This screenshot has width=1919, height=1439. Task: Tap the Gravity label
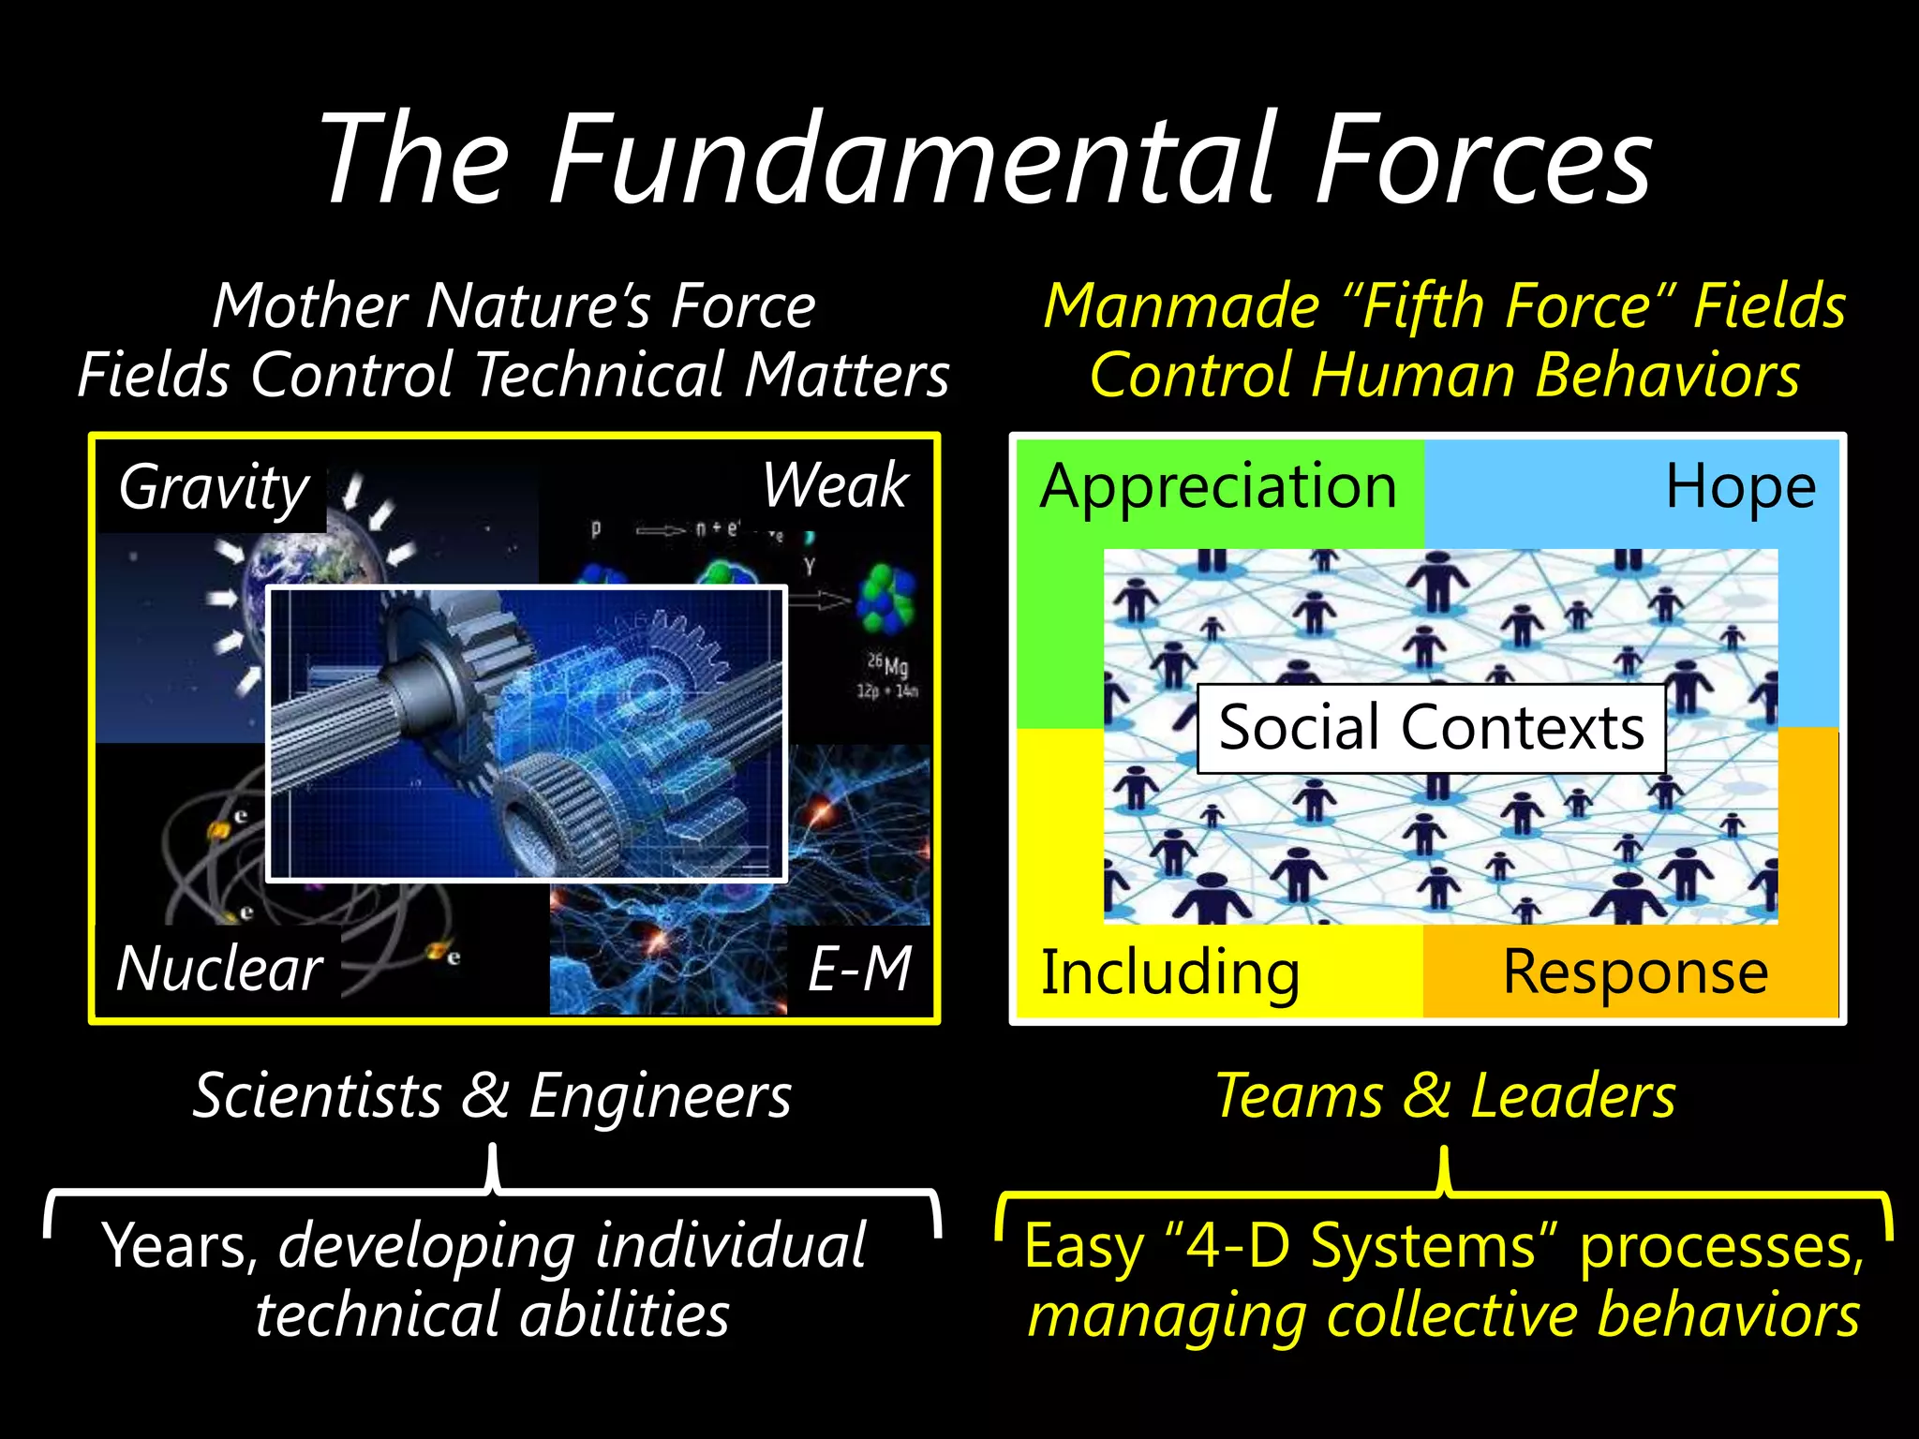(214, 487)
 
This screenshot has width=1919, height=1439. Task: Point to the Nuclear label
(219, 969)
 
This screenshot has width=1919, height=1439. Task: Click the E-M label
(859, 969)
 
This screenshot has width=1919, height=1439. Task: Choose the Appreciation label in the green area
(1218, 487)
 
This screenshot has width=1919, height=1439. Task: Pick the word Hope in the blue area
(1740, 487)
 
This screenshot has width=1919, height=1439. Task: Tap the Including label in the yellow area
(1170, 972)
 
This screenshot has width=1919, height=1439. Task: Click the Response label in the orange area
(1635, 972)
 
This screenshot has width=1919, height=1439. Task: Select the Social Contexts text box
(1431, 728)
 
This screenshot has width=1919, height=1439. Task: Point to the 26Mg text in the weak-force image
(887, 666)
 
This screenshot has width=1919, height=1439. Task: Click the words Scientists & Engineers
(492, 1095)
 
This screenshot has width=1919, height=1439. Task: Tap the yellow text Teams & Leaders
(1445, 1095)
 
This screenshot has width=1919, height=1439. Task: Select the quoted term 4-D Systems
(1361, 1246)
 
